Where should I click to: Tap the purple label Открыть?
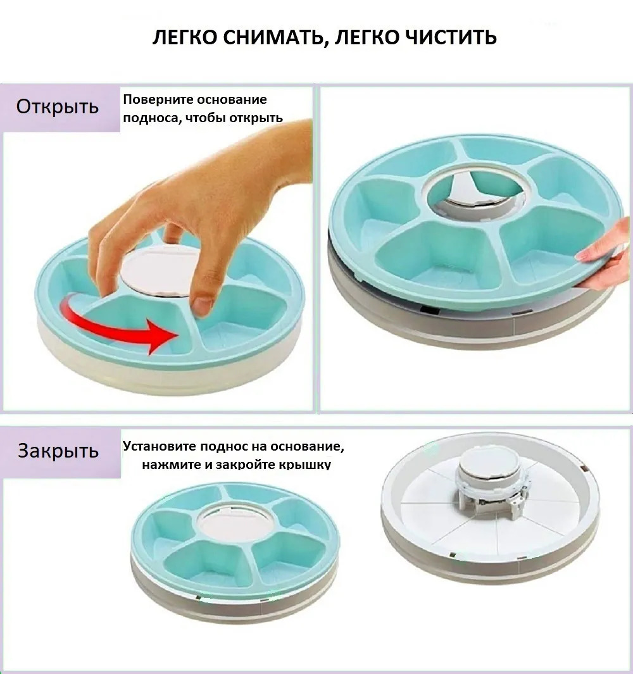(58, 106)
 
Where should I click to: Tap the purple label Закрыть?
(58, 451)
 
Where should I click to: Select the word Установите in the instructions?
(156, 446)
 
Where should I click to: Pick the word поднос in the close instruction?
(215, 447)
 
